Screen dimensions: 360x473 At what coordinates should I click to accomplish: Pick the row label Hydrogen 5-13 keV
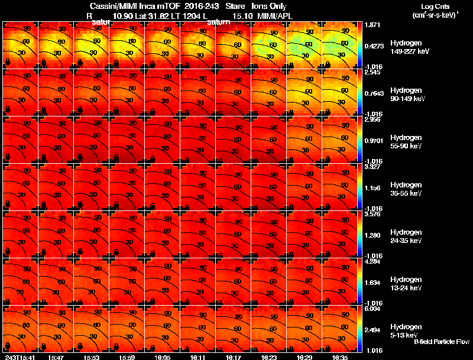point(405,330)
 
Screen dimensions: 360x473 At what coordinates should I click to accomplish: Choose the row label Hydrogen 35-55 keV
point(405,189)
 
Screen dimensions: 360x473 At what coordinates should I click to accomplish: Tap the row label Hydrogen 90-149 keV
point(405,94)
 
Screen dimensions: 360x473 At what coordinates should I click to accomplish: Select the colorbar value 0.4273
point(375,46)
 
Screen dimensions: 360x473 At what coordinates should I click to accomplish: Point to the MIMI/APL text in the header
point(275,16)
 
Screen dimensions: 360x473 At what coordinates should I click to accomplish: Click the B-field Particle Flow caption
point(441,342)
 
